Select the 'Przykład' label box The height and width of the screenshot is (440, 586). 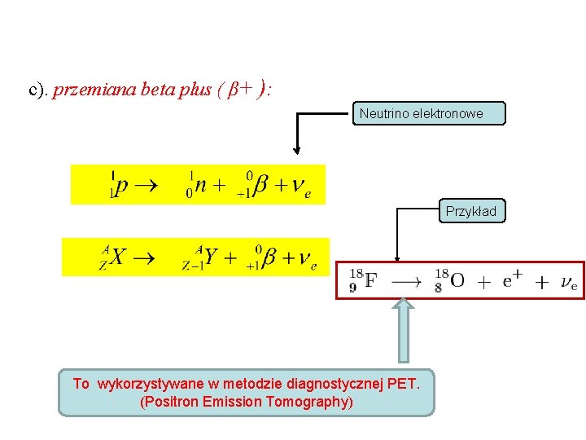470,212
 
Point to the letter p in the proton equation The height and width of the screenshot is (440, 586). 121,186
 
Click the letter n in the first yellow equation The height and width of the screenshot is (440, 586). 202,186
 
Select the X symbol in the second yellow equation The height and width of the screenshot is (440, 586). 118,257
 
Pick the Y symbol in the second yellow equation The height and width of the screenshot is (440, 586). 212,257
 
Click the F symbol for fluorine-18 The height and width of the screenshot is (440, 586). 371,280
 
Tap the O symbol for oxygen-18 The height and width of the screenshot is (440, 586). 457,280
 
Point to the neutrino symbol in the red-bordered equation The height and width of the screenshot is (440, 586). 568,282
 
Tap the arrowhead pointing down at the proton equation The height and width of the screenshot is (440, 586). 298,149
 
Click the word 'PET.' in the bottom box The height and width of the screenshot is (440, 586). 403,384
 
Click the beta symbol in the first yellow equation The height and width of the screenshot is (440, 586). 260,186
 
